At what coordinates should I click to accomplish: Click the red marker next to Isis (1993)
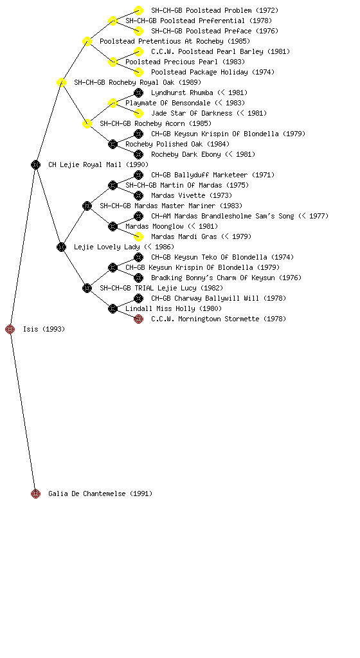(10, 330)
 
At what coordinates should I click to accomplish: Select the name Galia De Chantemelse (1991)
(100, 494)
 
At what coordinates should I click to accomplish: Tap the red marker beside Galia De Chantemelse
(35, 494)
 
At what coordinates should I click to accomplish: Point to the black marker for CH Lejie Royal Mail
(35, 165)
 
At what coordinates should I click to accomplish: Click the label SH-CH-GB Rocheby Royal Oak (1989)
(138, 83)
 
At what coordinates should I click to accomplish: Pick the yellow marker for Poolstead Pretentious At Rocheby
(87, 42)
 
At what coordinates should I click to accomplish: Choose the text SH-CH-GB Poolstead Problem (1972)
(215, 10)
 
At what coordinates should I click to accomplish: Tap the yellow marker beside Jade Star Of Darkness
(138, 113)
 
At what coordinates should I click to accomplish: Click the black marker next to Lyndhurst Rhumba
(138, 93)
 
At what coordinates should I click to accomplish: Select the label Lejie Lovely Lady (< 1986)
(124, 247)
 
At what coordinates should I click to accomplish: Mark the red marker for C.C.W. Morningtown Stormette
(138, 319)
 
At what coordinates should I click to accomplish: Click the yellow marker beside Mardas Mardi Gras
(138, 236)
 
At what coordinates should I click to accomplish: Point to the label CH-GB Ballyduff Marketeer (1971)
(212, 175)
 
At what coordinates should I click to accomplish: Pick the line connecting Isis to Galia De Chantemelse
(23, 412)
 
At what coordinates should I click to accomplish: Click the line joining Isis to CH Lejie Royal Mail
(23, 247)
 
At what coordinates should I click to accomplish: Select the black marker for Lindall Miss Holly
(113, 309)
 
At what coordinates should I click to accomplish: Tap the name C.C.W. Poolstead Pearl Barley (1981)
(221, 51)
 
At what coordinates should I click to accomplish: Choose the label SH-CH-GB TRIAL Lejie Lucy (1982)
(161, 289)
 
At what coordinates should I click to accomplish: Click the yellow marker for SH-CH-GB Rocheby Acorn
(87, 124)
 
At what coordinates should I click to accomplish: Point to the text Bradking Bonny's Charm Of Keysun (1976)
(226, 278)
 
